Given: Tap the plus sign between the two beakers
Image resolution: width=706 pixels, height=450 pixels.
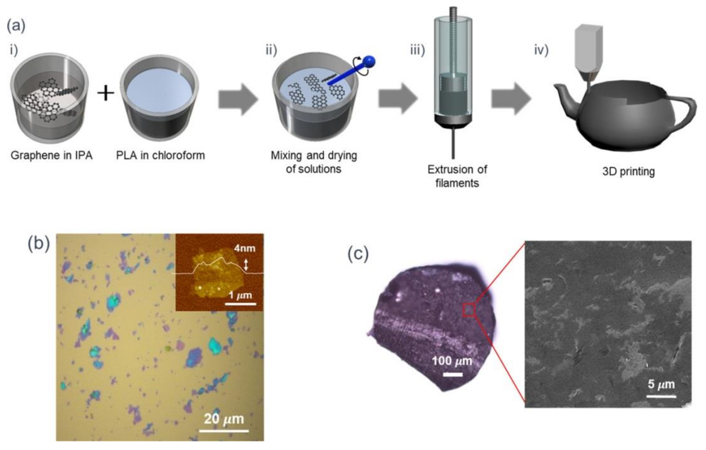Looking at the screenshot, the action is pyautogui.click(x=106, y=94).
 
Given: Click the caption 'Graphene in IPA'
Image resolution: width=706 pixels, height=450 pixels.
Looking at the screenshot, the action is pyautogui.click(x=52, y=155).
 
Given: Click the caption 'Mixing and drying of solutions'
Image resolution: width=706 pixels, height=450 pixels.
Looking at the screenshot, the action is pyautogui.click(x=314, y=162).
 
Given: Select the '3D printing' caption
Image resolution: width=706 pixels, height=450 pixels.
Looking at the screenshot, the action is pyautogui.click(x=629, y=171).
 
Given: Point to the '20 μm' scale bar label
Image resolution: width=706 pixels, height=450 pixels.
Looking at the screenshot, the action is pyautogui.click(x=224, y=419).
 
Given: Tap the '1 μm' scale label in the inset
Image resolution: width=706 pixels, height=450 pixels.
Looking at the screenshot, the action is pyautogui.click(x=240, y=295).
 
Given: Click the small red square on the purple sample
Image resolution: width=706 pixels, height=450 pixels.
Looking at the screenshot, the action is pyautogui.click(x=469, y=310).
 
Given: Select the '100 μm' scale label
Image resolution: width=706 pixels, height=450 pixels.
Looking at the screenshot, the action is pyautogui.click(x=452, y=361).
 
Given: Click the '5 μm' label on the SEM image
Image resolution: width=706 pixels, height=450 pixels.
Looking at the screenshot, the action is pyautogui.click(x=661, y=384).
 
